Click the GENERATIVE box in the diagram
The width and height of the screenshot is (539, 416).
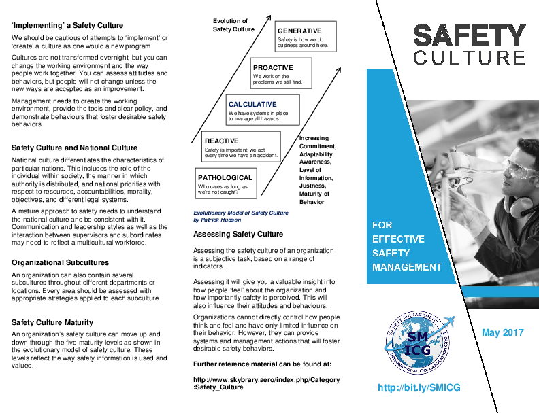click(306, 38)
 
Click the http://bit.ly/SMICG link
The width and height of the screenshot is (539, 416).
click(419, 387)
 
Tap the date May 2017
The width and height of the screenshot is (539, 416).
click(502, 332)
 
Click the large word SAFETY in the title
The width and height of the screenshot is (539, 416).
click(470, 35)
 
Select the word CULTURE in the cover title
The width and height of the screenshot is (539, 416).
click(470, 58)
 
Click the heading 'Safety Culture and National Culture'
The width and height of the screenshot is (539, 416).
click(74, 148)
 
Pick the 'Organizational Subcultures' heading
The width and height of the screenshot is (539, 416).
click(60, 262)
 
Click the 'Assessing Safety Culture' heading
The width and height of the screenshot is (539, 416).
click(238, 235)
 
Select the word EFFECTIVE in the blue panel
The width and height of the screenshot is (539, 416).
click(398, 239)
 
